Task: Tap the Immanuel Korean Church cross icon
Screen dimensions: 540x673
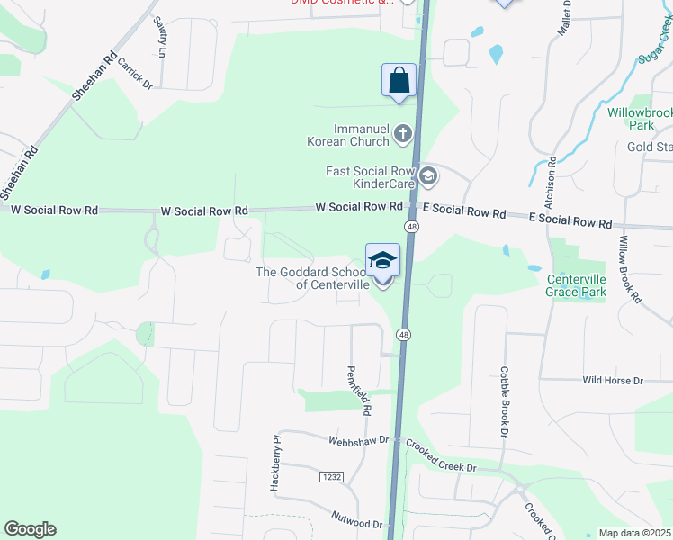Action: (402, 135)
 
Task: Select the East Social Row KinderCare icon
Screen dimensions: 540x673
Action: (427, 176)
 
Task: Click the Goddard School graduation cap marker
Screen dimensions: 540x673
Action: (382, 261)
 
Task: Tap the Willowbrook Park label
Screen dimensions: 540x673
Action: (640, 119)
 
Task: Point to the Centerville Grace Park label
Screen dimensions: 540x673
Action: (577, 285)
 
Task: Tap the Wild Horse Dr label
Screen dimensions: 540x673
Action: (613, 381)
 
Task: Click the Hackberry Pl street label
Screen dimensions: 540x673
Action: (276, 463)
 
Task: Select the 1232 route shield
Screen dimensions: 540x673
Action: (331, 477)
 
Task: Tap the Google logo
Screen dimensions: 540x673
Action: (30, 529)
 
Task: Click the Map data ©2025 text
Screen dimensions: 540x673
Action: (633, 533)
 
